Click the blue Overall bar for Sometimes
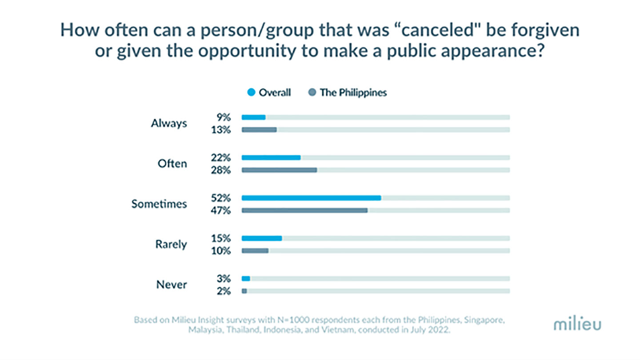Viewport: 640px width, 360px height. click(311, 197)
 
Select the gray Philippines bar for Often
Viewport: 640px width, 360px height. click(279, 170)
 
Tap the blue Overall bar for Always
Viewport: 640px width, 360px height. click(253, 117)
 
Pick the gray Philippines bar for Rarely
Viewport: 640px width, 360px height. click(255, 251)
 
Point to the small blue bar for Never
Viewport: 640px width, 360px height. click(246, 278)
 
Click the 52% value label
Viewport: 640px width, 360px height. click(222, 197)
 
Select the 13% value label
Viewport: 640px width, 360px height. click(222, 130)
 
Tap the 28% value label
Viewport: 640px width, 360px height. click(222, 170)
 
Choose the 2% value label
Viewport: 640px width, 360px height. click(224, 291)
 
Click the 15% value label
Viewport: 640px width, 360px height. click(222, 238)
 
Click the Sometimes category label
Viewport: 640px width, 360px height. click(159, 204)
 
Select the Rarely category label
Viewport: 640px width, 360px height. click(171, 244)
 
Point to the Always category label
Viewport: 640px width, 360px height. click(169, 123)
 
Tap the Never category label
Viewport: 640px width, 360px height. click(172, 284)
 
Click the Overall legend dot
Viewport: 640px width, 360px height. click(251, 93)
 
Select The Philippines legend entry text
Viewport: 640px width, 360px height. click(353, 93)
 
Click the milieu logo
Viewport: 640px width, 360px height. click(577, 324)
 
